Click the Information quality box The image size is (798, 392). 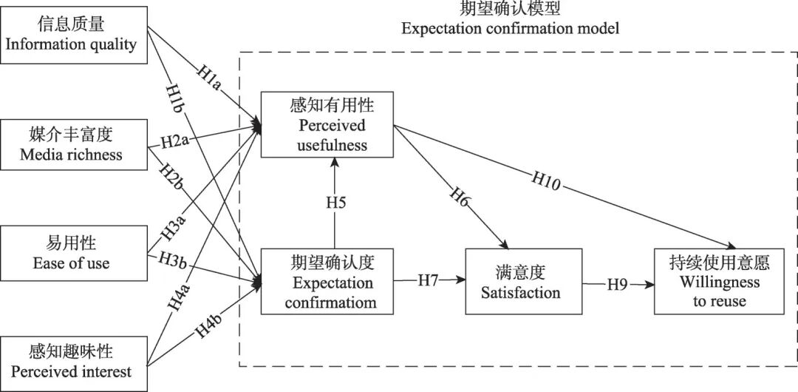click(72, 35)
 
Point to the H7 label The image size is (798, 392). click(429, 280)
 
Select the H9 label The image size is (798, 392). click(618, 283)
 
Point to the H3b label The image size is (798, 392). click(177, 261)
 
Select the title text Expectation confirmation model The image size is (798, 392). click(510, 29)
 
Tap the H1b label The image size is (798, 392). click(174, 97)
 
